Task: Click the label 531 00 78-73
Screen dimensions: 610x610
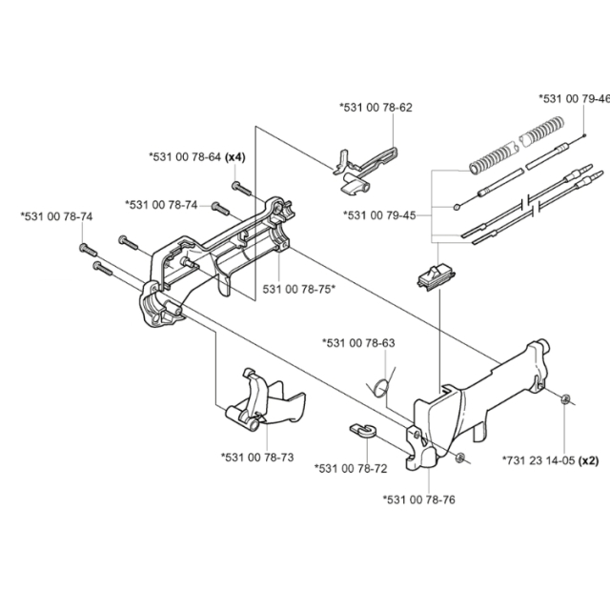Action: pyautogui.click(x=256, y=457)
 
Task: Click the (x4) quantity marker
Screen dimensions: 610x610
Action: pyautogui.click(x=236, y=155)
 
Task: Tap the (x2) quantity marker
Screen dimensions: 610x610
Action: pyautogui.click(x=589, y=459)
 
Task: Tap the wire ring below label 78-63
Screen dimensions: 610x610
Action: pyautogui.click(x=381, y=385)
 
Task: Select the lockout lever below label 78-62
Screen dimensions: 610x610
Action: pyautogui.click(x=364, y=165)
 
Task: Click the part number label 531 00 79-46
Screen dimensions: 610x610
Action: pyautogui.click(x=573, y=98)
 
